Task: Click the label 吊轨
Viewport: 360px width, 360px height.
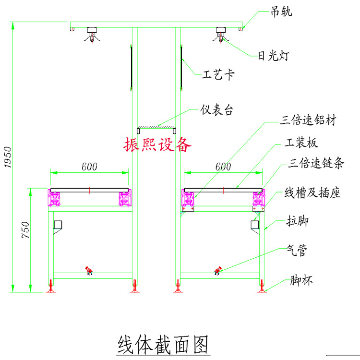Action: (x=281, y=12)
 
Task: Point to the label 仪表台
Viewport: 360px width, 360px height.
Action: (x=216, y=110)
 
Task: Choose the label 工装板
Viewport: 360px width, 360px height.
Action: (x=301, y=143)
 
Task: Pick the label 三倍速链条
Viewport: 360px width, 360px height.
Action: (x=316, y=164)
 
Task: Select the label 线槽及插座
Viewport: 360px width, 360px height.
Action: (x=312, y=193)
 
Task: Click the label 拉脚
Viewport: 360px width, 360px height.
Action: (x=297, y=222)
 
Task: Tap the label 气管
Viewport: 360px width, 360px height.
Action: (x=296, y=250)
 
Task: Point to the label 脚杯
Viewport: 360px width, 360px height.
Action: (x=301, y=280)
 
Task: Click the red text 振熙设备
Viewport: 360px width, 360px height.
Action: (x=157, y=144)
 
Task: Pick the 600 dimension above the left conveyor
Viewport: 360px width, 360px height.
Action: (x=89, y=167)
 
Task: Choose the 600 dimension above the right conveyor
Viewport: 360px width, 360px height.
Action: (x=223, y=167)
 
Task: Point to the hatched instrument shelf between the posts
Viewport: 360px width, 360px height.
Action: (x=156, y=127)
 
